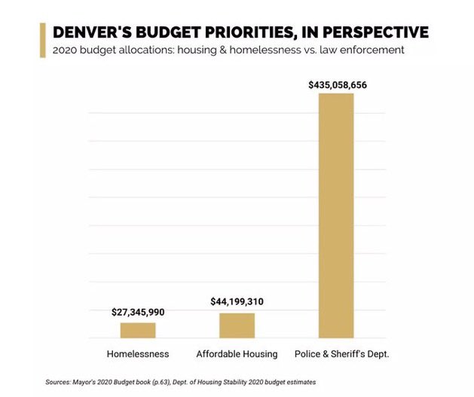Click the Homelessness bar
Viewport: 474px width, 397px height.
coord(138,330)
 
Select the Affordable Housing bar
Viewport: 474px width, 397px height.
coord(237,325)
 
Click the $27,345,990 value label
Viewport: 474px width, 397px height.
coord(138,310)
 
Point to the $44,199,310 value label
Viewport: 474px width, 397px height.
coord(237,302)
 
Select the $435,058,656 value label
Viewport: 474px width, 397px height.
coord(337,84)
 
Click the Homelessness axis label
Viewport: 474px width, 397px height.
coord(138,353)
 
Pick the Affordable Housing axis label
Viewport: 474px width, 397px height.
coord(237,353)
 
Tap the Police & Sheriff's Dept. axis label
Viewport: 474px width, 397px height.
coord(336,353)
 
